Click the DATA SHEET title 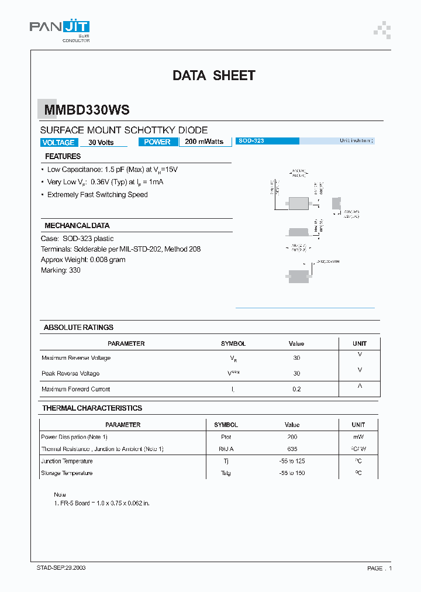tap(213, 75)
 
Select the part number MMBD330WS tap(85, 110)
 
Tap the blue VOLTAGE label tap(58, 142)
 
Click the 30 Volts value tap(101, 143)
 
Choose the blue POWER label tap(157, 142)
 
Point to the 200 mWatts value tap(204, 142)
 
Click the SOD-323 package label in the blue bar tap(251, 141)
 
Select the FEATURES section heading tap(63, 156)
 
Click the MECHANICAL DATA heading tap(77, 225)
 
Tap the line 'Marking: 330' tap(61, 270)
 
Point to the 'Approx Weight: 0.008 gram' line tap(83, 260)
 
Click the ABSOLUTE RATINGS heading tap(78, 327)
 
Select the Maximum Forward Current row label tap(75, 389)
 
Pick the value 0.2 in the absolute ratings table tap(296, 389)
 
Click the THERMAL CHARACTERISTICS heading tap(92, 408)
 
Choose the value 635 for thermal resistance tap(292, 449)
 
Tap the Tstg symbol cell tap(226, 473)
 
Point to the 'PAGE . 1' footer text tap(379, 568)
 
